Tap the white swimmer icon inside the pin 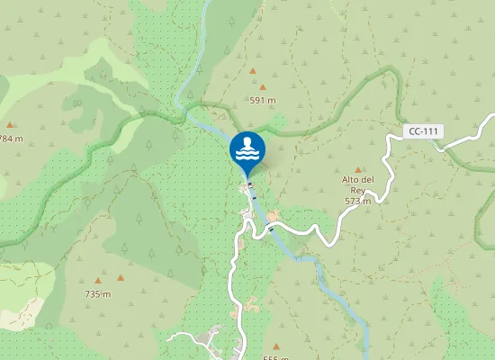click(x=247, y=148)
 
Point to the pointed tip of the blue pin click(x=247, y=176)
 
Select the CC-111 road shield click(x=423, y=131)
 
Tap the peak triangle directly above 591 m click(x=262, y=87)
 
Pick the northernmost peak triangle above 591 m click(x=252, y=70)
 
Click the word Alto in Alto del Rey click(x=352, y=180)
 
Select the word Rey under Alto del click(x=357, y=191)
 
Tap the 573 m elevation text click(x=357, y=202)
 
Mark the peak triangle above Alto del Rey click(x=358, y=169)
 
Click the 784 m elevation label click(x=11, y=139)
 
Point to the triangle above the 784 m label click(x=10, y=125)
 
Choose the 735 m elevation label click(x=97, y=294)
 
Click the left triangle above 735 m click(x=98, y=280)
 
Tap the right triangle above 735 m click(x=121, y=278)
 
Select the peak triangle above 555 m click(x=276, y=346)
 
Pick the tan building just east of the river click(x=273, y=216)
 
